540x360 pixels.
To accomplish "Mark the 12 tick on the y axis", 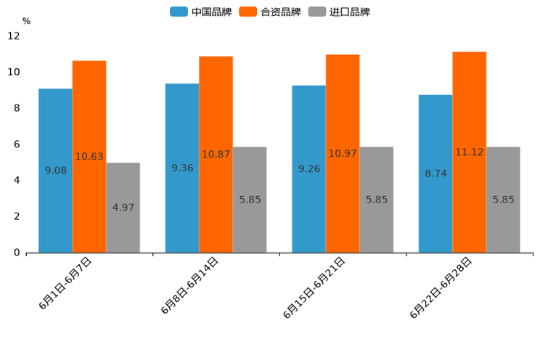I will click(x=14, y=36).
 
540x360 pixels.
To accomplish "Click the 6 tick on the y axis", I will click(x=17, y=144).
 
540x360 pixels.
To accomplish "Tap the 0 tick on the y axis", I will click(x=17, y=253).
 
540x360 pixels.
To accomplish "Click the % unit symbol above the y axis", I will click(x=26, y=21).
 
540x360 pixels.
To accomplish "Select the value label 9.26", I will click(x=309, y=169).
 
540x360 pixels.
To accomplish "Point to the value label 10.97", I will click(x=343, y=154).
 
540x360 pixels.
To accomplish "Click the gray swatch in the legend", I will click(x=317, y=12).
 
